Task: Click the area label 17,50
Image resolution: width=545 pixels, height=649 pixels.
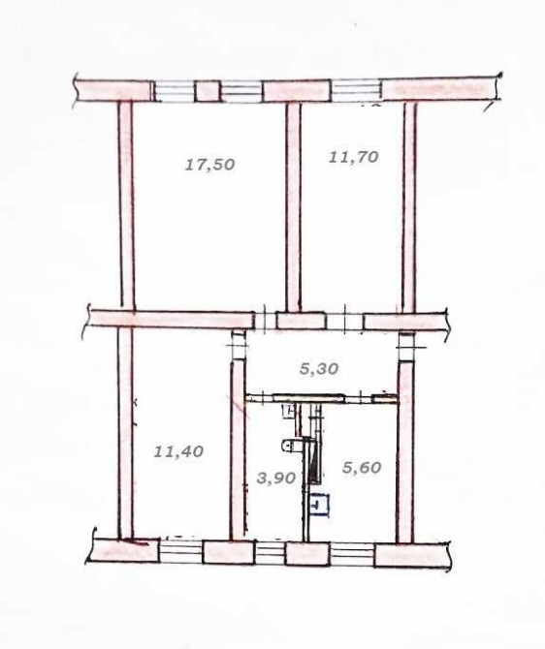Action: click(x=210, y=165)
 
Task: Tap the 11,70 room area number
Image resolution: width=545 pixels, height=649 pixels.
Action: click(x=354, y=157)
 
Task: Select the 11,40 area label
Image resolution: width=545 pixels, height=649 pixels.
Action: click(x=178, y=450)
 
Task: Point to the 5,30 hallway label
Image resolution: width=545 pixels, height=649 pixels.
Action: click(x=319, y=368)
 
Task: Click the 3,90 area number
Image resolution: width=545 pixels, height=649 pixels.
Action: click(x=276, y=479)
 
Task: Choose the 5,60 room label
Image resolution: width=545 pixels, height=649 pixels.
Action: click(x=362, y=468)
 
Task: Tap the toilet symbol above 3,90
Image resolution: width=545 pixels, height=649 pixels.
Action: click(x=291, y=446)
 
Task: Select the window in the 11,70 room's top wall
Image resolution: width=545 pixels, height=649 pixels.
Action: click(x=357, y=91)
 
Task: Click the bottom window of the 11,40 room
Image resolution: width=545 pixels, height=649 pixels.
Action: click(x=180, y=552)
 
